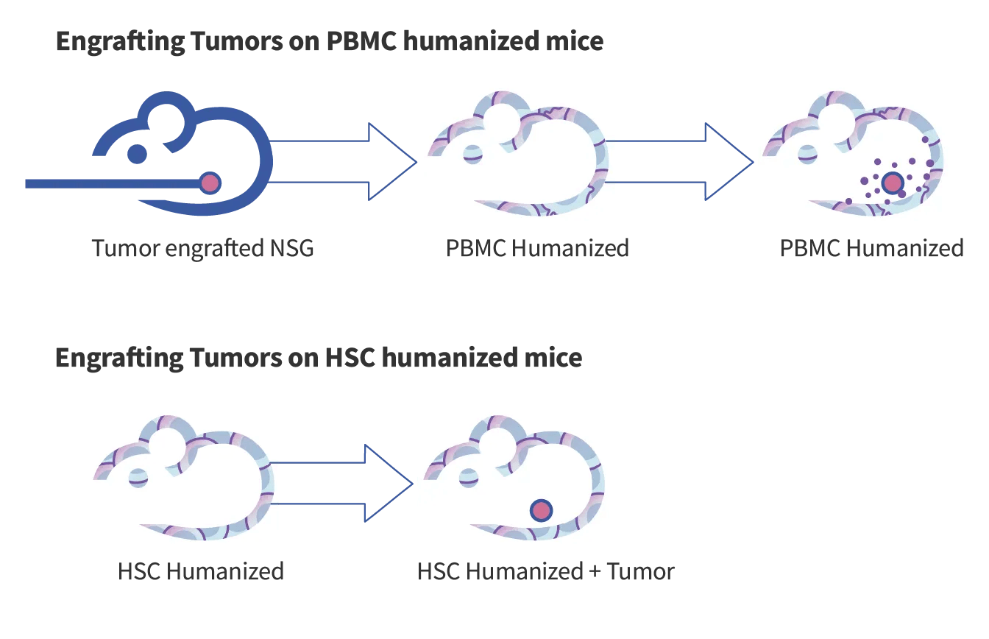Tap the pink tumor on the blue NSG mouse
point(210,183)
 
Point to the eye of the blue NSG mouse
point(137,154)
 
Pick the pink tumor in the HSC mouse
point(542,509)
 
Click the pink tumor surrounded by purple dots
point(892,182)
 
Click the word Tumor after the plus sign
point(640,571)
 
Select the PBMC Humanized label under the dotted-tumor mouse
point(872,248)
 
